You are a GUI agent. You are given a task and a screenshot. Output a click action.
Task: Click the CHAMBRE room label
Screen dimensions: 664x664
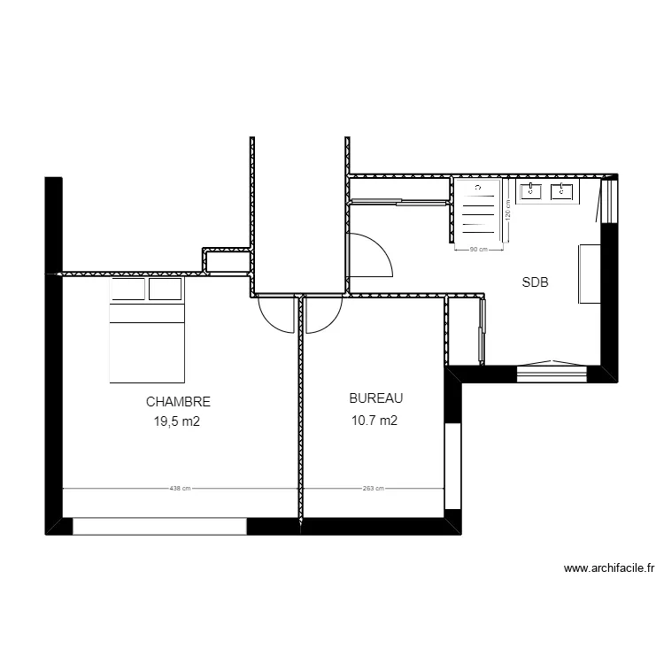click(178, 401)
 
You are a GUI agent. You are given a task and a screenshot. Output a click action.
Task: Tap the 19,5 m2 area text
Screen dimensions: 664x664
click(177, 421)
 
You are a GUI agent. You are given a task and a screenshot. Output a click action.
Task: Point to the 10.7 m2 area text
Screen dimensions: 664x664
click(374, 421)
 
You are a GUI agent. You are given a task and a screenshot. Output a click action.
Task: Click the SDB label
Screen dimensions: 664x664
click(535, 283)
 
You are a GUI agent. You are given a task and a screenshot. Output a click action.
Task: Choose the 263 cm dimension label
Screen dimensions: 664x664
click(373, 487)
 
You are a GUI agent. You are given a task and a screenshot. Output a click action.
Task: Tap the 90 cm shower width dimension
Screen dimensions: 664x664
click(479, 250)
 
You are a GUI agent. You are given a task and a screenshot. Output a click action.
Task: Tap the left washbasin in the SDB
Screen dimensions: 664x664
click(533, 190)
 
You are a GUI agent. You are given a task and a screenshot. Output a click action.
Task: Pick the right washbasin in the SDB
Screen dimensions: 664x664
click(562, 190)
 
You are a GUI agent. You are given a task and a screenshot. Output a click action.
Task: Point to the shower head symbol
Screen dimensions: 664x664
click(479, 189)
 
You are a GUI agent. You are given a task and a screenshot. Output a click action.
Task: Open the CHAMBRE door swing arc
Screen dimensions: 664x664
click(275, 315)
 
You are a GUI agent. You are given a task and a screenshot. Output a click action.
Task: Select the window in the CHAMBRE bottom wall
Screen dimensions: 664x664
click(159, 526)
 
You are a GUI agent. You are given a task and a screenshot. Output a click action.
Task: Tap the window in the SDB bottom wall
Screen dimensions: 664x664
click(552, 373)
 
